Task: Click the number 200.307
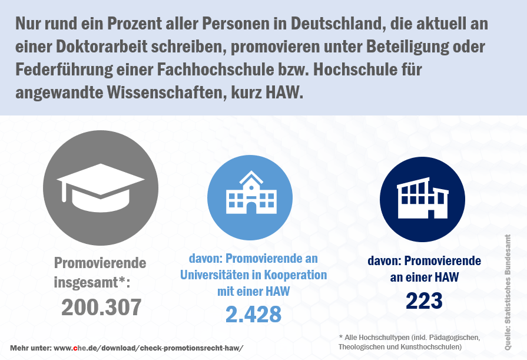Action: (x=101, y=307)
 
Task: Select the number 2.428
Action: (x=253, y=314)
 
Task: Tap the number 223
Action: (x=424, y=301)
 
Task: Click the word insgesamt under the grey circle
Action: (x=87, y=282)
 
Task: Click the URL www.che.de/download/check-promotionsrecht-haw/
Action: (x=148, y=348)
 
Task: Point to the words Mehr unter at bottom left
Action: (x=30, y=348)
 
